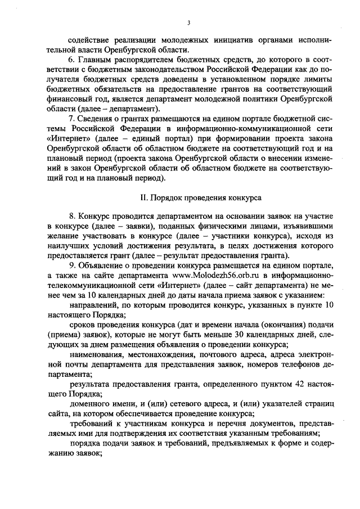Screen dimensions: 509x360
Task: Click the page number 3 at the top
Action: pos(189,22)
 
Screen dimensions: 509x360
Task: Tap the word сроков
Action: pos(83,325)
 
